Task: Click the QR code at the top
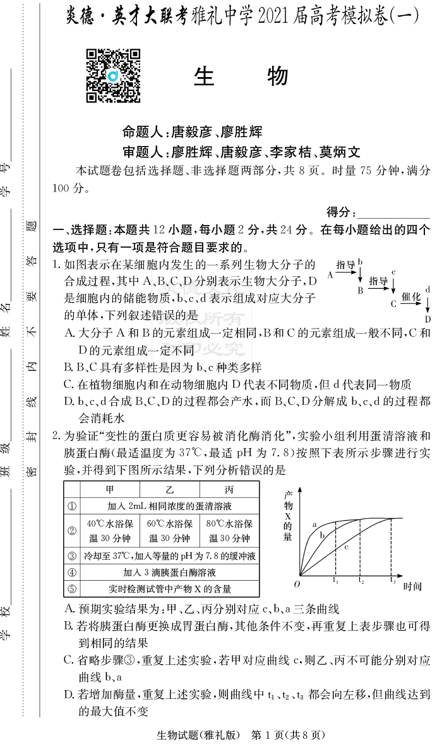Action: tap(114, 75)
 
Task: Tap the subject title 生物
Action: tap(241, 76)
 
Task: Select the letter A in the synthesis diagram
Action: tap(330, 275)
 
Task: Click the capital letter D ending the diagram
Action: tap(427, 319)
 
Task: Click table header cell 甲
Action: tap(110, 489)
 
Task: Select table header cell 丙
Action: tap(229, 489)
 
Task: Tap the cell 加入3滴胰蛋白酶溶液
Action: tap(169, 573)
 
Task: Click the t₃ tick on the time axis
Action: tap(393, 580)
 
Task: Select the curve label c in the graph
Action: tap(347, 547)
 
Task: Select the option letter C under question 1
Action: tap(69, 384)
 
